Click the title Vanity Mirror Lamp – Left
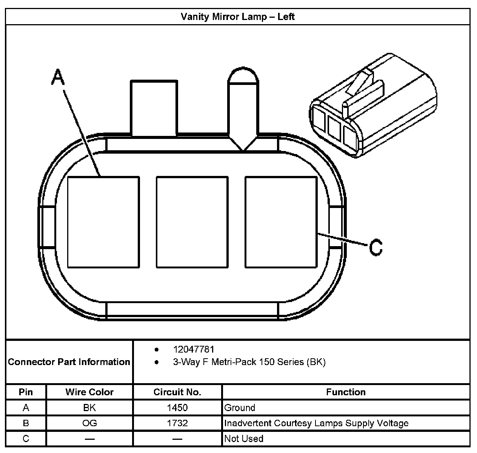click(237, 17)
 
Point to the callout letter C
click(375, 247)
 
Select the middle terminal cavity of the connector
click(192, 222)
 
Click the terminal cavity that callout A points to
click(103, 222)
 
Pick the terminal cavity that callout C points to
click(281, 222)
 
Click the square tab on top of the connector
click(154, 108)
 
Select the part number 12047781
click(194, 350)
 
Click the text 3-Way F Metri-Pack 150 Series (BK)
click(249, 362)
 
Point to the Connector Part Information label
click(69, 362)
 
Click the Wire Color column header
click(89, 392)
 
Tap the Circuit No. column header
click(177, 392)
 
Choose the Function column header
click(346, 392)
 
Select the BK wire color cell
click(89, 408)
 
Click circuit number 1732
click(177, 423)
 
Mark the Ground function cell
click(240, 408)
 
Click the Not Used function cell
click(244, 439)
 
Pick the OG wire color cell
click(89, 423)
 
